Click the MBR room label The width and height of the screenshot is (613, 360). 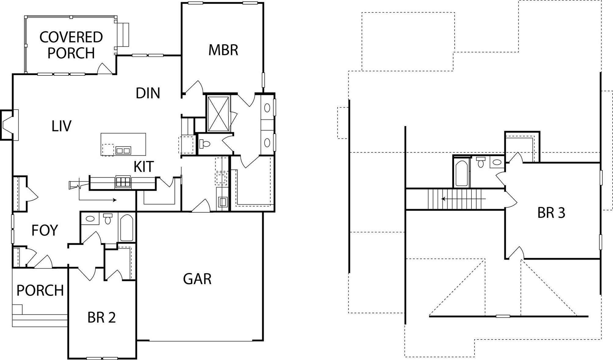(223, 50)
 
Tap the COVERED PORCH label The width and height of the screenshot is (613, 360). (71, 45)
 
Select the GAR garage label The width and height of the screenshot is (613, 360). (197, 279)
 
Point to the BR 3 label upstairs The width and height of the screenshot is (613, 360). (551, 213)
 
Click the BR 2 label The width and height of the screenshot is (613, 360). (101, 318)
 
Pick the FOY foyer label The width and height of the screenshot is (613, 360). (45, 230)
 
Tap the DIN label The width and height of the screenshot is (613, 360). (148, 93)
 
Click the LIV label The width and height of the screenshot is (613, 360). (61, 126)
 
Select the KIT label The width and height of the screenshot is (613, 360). (143, 167)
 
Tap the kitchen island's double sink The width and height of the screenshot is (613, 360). (123, 150)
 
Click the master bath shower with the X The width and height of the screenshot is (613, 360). (218, 114)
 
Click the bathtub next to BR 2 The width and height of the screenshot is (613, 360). (126, 228)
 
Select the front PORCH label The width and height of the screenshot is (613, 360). (40, 290)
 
